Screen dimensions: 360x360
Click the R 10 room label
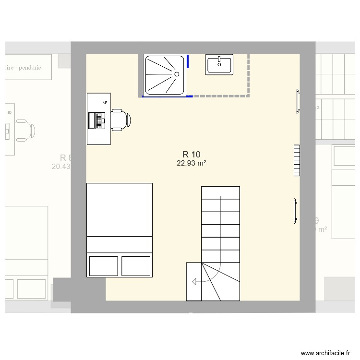click(x=191, y=154)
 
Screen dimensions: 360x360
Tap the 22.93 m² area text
click(x=191, y=163)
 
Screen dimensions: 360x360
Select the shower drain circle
click(x=177, y=74)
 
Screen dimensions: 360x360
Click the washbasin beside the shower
click(x=219, y=65)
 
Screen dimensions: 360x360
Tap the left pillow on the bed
click(x=104, y=266)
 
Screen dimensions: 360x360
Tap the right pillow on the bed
click(x=136, y=266)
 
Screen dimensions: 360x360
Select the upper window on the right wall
click(x=298, y=101)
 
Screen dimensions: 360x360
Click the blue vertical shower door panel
click(x=188, y=61)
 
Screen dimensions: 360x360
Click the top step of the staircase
click(x=220, y=192)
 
